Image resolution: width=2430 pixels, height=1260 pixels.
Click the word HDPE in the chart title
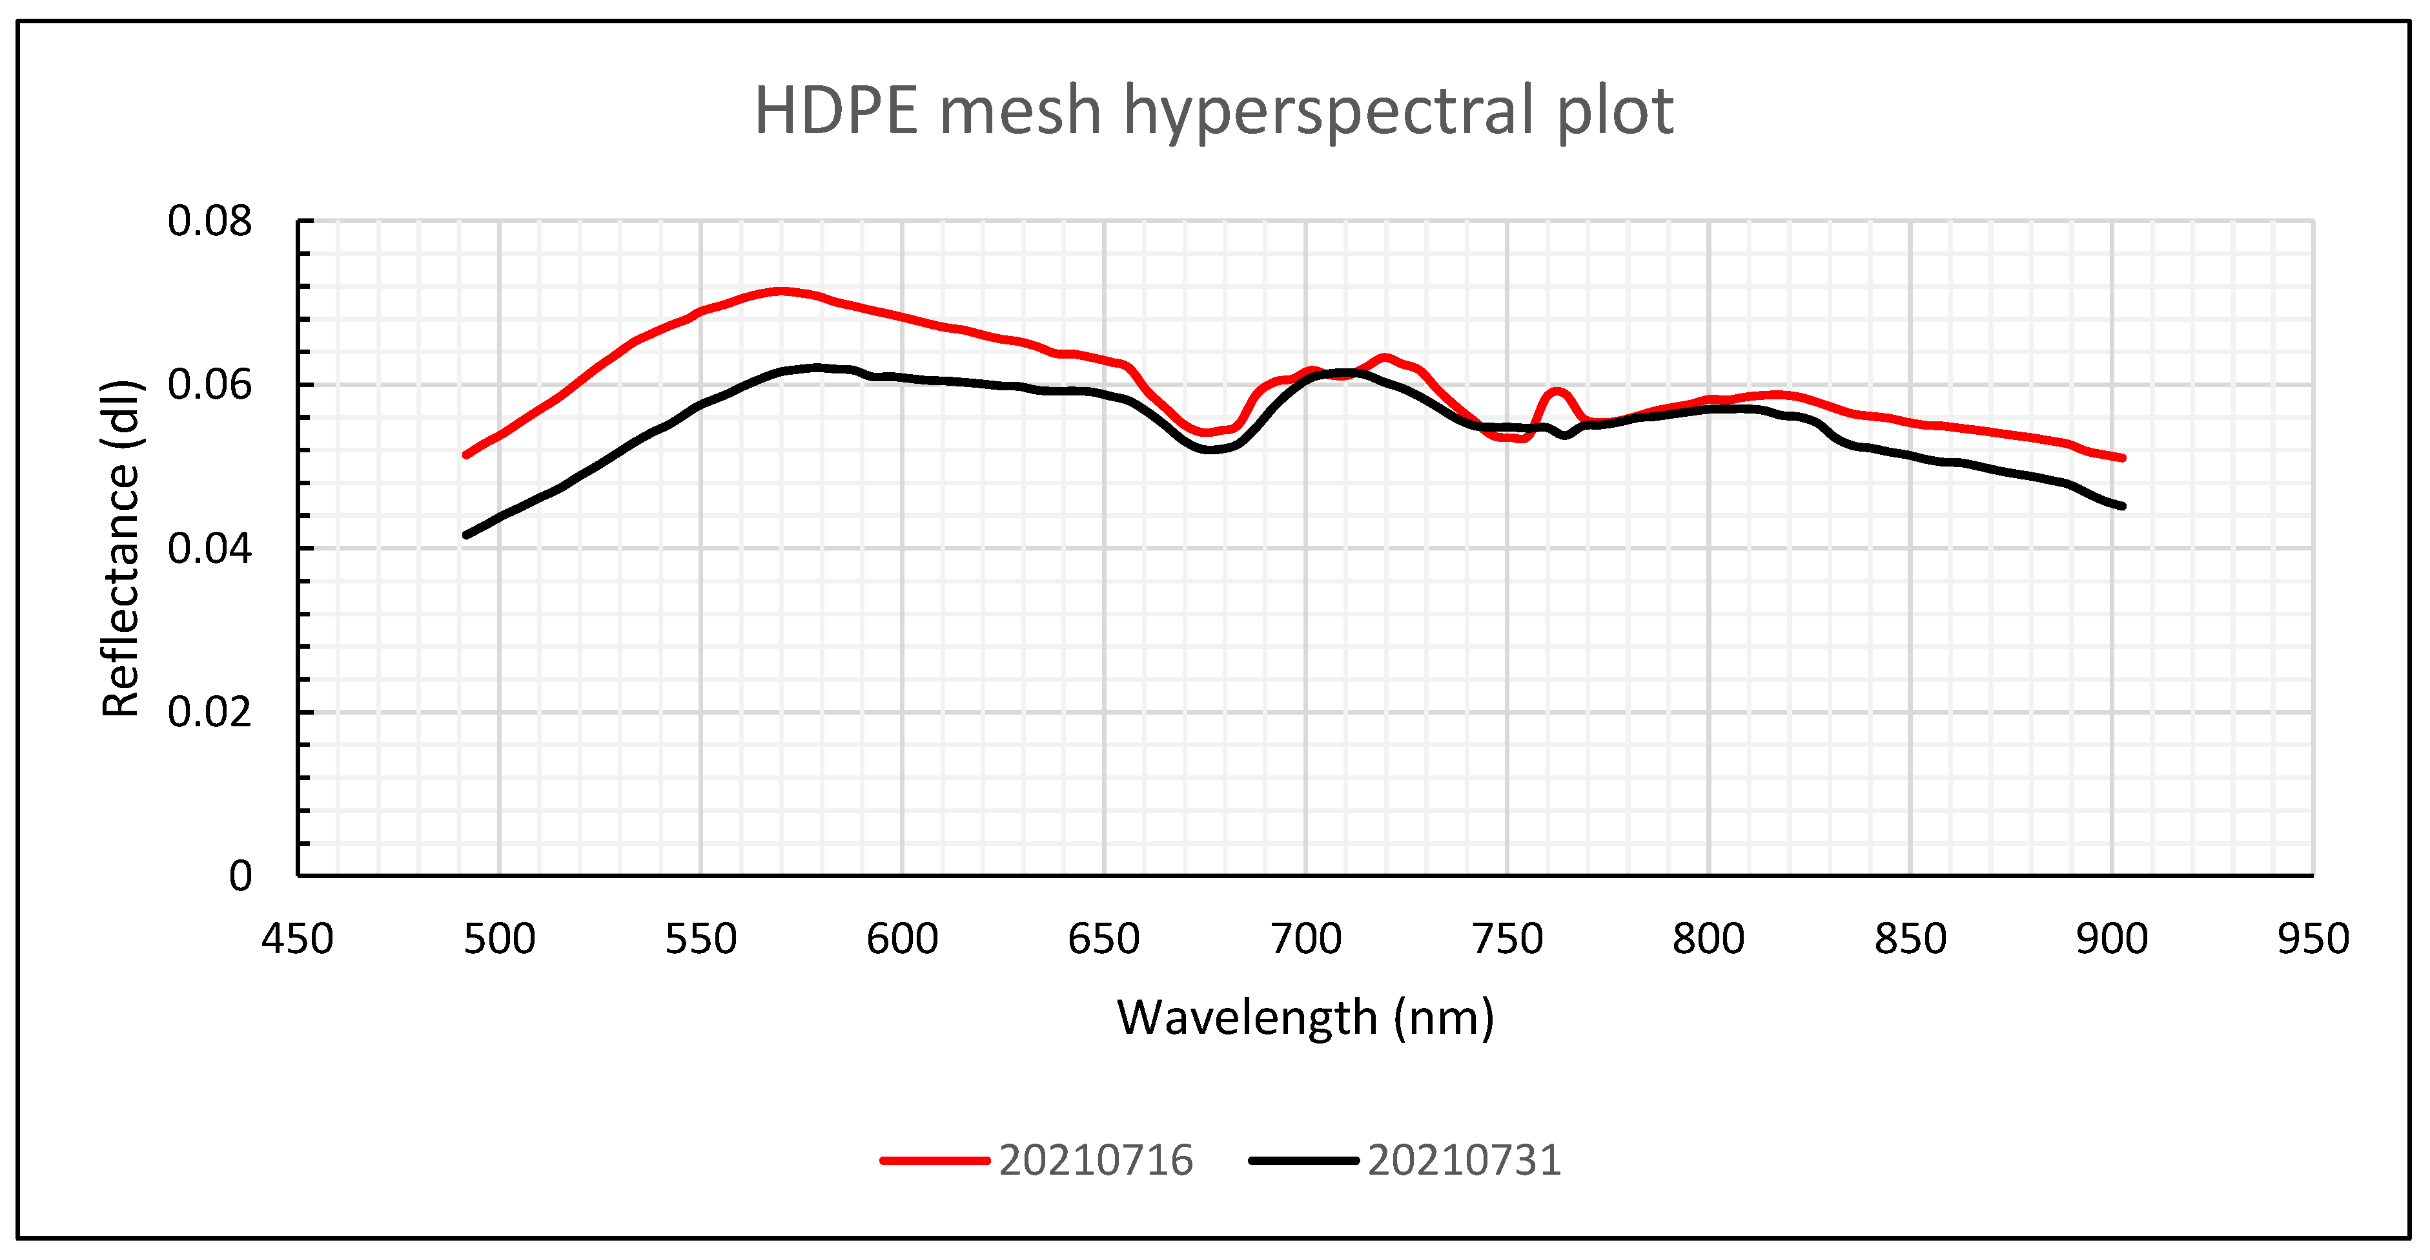[x=836, y=111]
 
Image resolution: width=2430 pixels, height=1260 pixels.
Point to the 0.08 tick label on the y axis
[x=209, y=222]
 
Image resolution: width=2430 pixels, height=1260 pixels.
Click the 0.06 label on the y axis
[x=209, y=385]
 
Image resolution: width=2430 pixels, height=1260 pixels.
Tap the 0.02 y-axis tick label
[x=209, y=713]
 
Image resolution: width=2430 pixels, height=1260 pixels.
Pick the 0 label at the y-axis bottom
[x=241, y=877]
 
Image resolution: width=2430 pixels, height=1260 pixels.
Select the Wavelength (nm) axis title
[x=1305, y=1018]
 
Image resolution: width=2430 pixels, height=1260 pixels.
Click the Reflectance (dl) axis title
[x=121, y=549]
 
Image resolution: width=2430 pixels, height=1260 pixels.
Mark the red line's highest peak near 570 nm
[x=780, y=291]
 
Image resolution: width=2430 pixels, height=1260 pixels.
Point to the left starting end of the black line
[x=466, y=535]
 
